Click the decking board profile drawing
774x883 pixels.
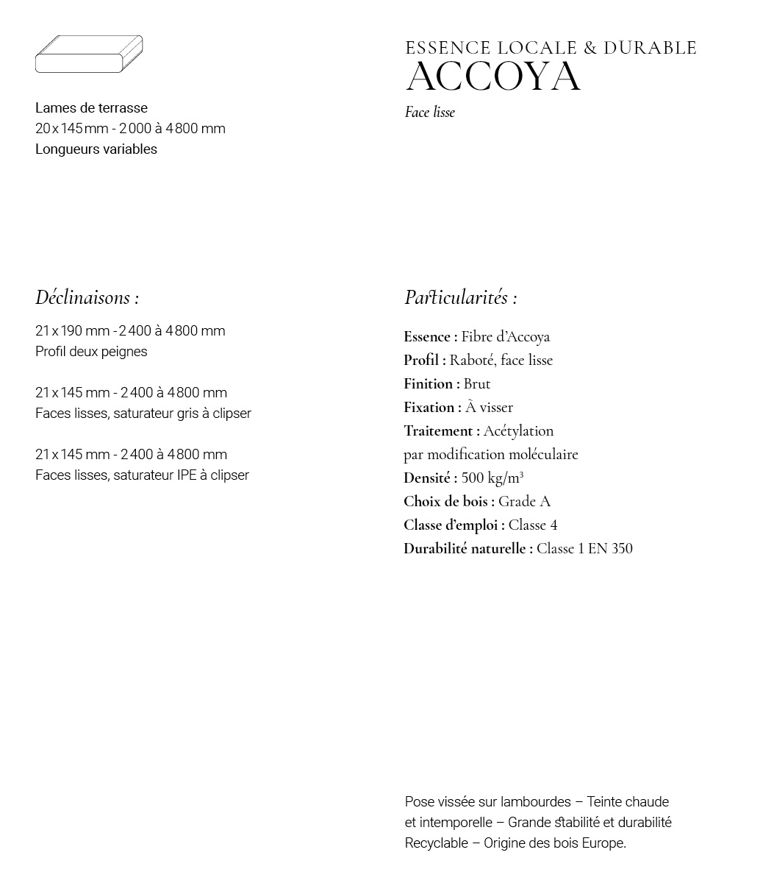(x=89, y=54)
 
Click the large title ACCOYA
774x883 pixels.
(x=493, y=77)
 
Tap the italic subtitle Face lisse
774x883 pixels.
(x=430, y=113)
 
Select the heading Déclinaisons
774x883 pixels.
(x=87, y=298)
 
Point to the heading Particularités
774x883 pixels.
(x=460, y=298)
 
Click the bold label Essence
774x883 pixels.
(x=430, y=337)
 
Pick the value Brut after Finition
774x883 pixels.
(x=477, y=384)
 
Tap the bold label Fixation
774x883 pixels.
(x=432, y=408)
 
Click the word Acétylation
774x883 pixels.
(x=518, y=431)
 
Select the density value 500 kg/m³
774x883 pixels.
(x=492, y=478)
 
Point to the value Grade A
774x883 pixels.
(x=524, y=502)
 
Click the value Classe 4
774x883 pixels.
(x=533, y=525)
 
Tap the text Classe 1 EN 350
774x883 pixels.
(x=584, y=549)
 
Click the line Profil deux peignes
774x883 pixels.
(x=91, y=352)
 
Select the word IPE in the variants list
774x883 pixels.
(x=187, y=475)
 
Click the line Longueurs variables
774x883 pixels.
(x=96, y=149)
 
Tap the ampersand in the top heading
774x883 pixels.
(x=590, y=49)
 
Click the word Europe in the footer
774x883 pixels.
(x=603, y=843)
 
